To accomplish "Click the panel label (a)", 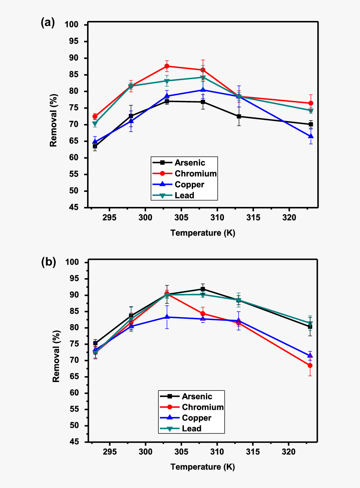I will [48, 23].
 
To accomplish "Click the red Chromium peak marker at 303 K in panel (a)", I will [167, 66].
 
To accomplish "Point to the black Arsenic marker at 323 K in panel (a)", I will [311, 124].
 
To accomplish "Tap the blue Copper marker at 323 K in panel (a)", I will [311, 136].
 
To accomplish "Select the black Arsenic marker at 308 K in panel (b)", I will [203, 289].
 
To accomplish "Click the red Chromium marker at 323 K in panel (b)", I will [310, 365].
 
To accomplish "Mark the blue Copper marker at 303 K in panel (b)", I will [167, 317].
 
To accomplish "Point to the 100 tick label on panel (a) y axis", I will [72, 25].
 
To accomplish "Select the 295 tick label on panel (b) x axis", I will [110, 452].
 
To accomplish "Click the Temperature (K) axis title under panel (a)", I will [203, 233].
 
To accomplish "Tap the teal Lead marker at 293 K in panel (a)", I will [95, 124].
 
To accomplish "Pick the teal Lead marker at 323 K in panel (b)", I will [310, 324].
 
